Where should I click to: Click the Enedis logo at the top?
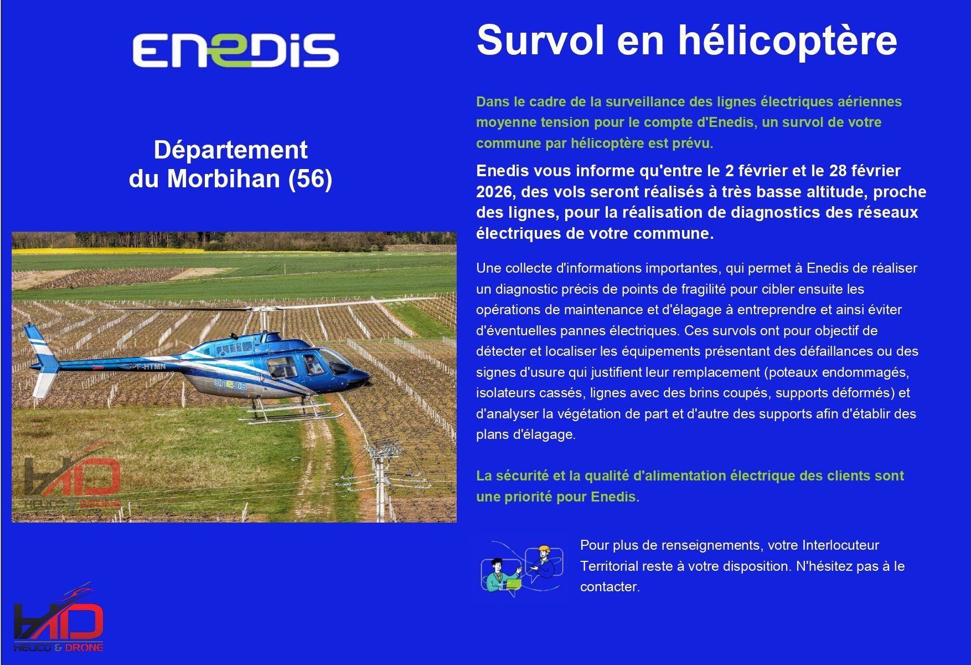[x=235, y=50]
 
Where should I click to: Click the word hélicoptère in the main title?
[x=788, y=41]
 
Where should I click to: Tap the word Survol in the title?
[x=540, y=41]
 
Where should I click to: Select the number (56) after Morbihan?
[x=310, y=179]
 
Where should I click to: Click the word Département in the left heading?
[x=230, y=150]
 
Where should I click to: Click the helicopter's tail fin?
[x=40, y=355]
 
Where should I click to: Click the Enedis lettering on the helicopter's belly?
[x=230, y=384]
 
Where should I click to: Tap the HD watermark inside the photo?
[x=72, y=477]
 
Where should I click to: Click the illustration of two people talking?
[x=522, y=567]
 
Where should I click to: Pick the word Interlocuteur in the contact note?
[x=840, y=545]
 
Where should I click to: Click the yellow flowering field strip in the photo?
[x=111, y=251]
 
